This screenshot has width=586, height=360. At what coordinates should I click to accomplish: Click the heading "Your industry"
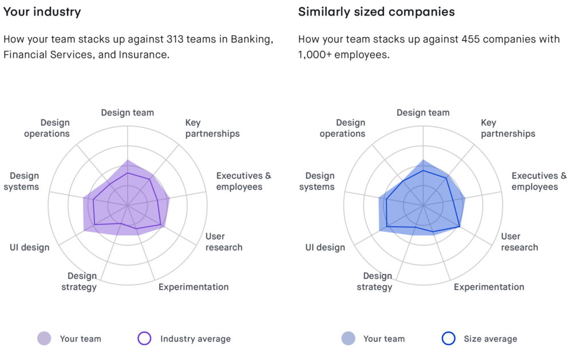[42, 11]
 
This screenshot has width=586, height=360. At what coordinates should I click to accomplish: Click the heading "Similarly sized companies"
[377, 11]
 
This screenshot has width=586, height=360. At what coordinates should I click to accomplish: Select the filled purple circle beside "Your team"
[44, 339]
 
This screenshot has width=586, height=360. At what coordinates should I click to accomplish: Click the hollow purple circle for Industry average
[145, 339]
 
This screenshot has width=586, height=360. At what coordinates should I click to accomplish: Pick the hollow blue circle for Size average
[449, 339]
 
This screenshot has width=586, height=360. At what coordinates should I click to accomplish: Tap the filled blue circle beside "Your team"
[347, 339]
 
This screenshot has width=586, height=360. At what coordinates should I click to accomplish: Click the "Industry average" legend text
[195, 339]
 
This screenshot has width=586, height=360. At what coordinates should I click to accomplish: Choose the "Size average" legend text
[490, 339]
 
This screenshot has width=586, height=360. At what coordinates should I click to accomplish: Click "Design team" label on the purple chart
[128, 113]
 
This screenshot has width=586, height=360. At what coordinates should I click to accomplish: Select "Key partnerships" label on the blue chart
[508, 128]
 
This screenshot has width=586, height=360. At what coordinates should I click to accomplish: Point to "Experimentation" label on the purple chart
[193, 287]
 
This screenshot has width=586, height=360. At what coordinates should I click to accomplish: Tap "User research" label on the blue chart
[519, 242]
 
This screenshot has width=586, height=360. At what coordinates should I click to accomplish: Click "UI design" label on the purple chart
[29, 247]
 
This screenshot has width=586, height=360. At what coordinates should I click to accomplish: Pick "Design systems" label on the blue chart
[320, 181]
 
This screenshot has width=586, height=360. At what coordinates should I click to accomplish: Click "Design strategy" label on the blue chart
[375, 281]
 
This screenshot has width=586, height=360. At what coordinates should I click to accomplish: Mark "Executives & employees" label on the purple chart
[243, 181]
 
